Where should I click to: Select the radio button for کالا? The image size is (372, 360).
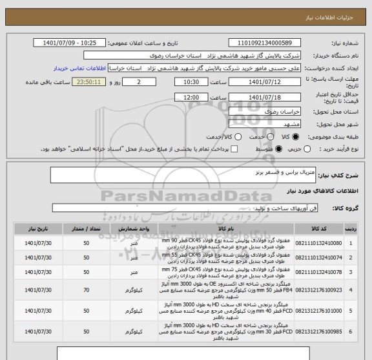[296, 136]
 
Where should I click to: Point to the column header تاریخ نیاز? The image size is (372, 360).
[32, 228]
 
